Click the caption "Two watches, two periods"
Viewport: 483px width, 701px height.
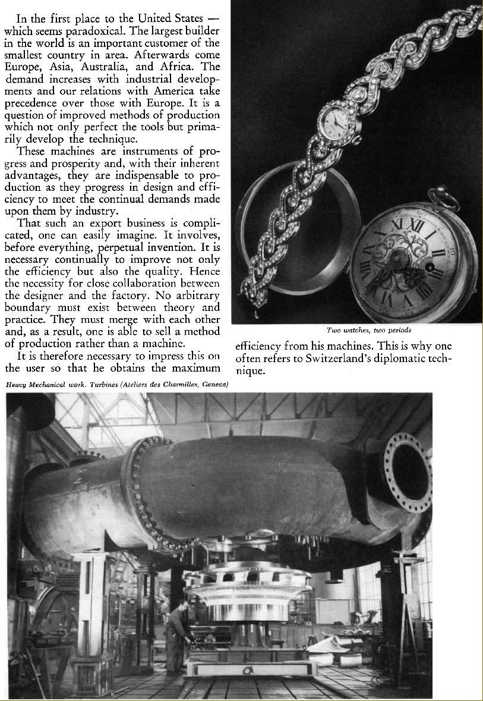[x=368, y=330]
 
